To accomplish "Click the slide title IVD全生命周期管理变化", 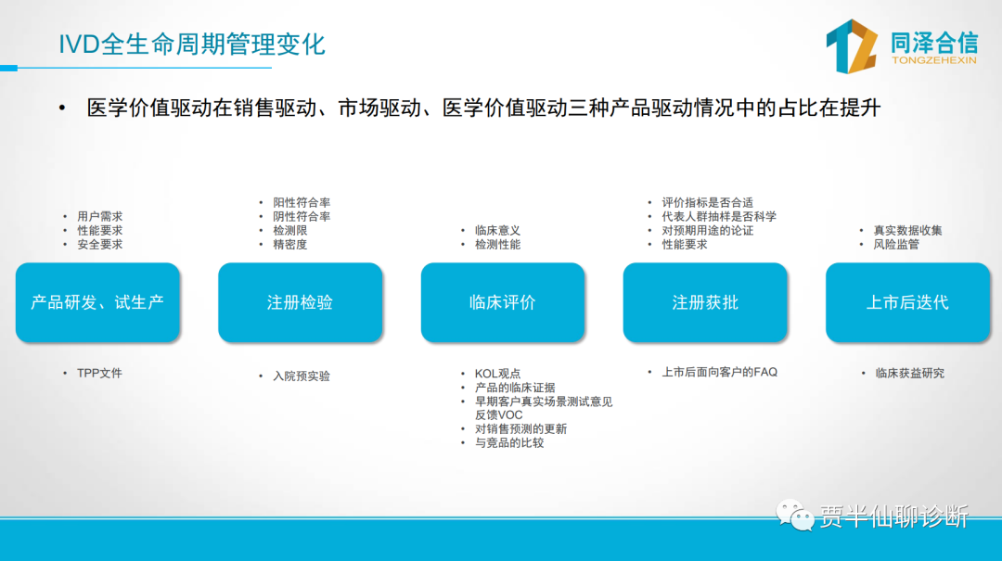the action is [192, 45].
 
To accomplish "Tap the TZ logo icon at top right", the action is [851, 46].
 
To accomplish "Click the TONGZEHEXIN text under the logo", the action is [933, 60].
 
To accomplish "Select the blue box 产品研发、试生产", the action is [97, 302].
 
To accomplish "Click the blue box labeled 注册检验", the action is [301, 302].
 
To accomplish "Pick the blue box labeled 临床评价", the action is [502, 302].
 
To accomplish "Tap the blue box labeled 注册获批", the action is [705, 302].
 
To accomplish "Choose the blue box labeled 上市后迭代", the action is [907, 302].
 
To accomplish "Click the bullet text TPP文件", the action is [99, 373].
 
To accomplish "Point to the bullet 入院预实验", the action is [302, 376].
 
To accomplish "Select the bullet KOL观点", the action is [497, 374].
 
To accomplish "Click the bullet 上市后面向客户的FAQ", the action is [720, 372].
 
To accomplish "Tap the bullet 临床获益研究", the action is [910, 373].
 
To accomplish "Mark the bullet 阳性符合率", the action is [302, 202].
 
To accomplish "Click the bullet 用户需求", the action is [99, 217].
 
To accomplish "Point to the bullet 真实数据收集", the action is [907, 231].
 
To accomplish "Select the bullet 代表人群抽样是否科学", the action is [719, 217].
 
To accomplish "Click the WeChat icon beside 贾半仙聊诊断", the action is [794, 515].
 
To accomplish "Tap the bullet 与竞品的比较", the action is [509, 443].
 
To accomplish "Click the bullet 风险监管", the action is [896, 245].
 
